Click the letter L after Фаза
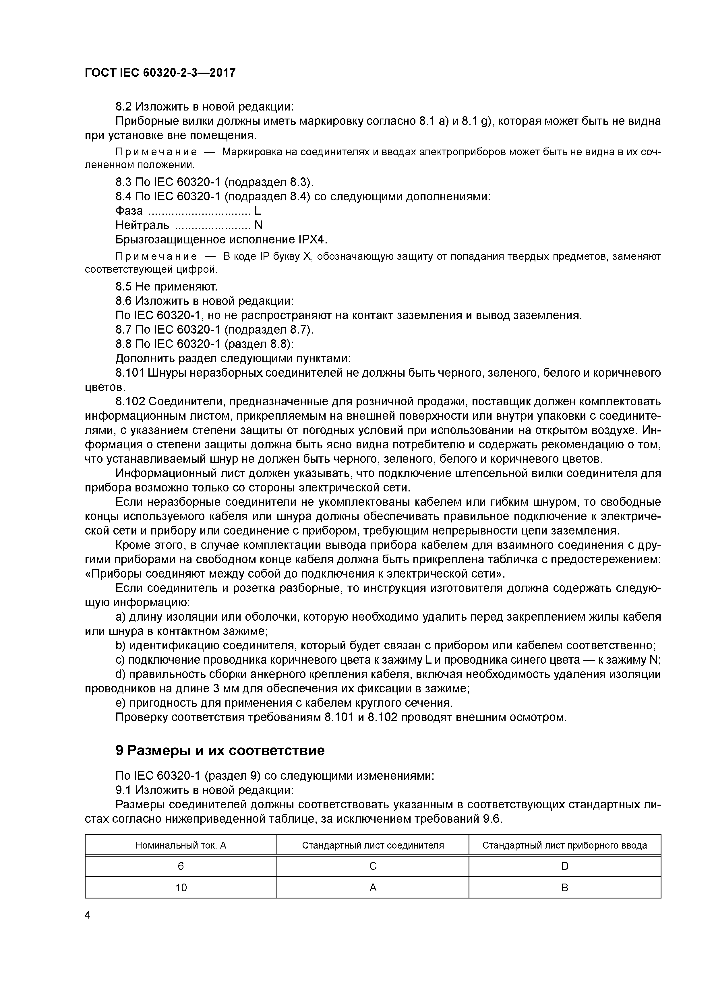(x=258, y=211)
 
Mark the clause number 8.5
(x=124, y=287)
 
